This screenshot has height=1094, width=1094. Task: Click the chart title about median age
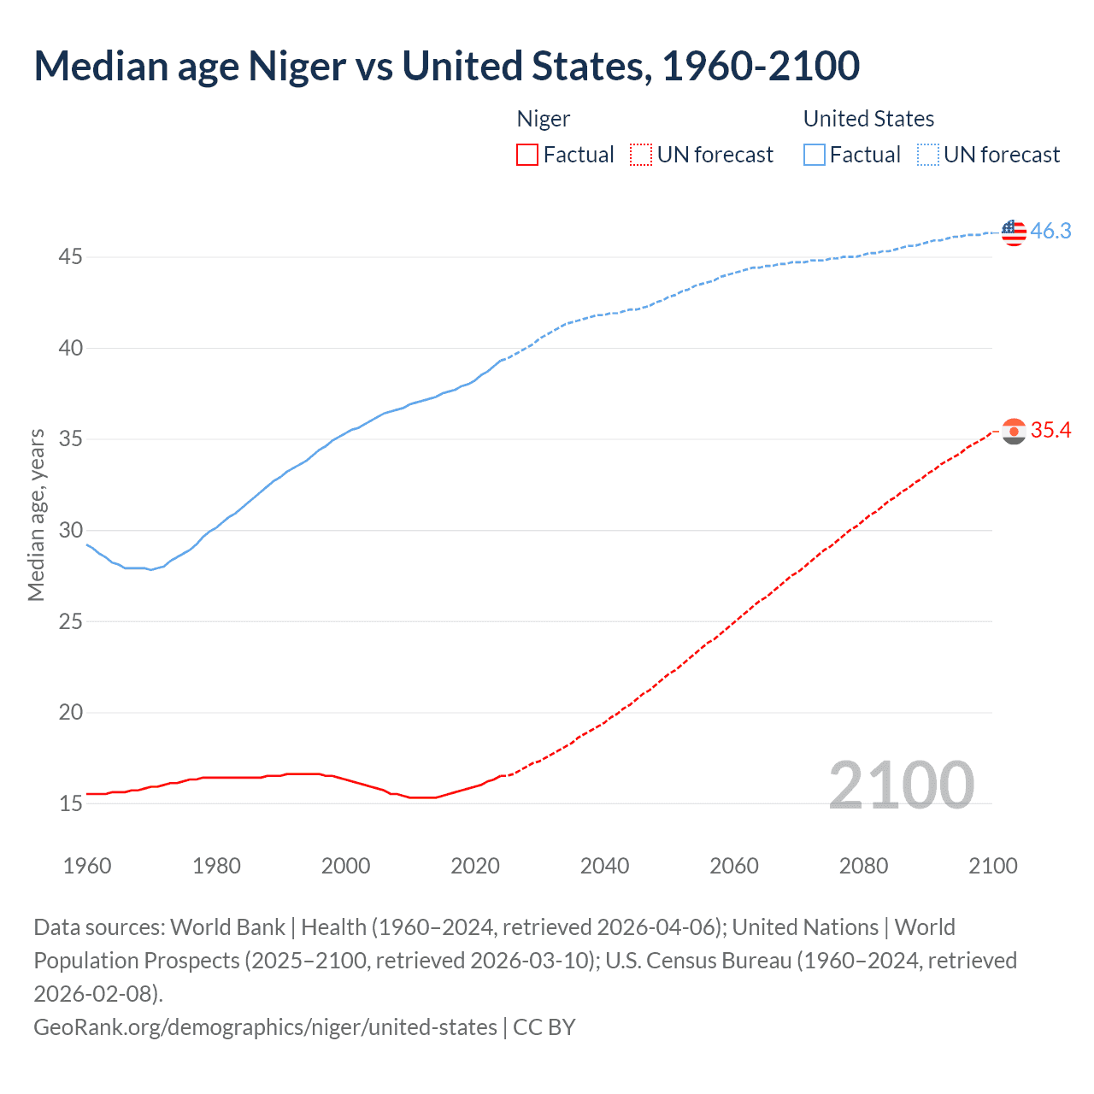point(446,66)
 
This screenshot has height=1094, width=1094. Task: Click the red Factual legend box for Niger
point(527,155)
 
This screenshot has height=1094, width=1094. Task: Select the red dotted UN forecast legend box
point(641,155)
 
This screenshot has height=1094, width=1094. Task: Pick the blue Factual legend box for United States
point(815,155)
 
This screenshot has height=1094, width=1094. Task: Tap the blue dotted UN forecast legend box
point(928,155)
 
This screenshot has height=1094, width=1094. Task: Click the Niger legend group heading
point(544,119)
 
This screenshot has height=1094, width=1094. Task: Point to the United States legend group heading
point(868,119)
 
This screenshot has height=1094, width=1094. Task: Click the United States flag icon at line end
point(1013,232)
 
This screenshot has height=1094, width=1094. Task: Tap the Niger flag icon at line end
point(1013,432)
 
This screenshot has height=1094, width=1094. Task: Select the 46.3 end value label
point(1050,232)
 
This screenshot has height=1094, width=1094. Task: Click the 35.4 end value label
point(1050,431)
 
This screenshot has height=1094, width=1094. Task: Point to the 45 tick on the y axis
point(71,257)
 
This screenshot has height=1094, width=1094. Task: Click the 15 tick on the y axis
point(71,803)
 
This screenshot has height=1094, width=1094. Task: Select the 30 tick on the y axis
point(71,530)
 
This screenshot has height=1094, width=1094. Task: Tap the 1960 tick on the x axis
point(87,866)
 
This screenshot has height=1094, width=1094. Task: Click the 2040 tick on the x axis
point(604,866)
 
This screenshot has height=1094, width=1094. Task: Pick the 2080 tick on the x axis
point(863,866)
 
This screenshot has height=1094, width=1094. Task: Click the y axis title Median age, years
point(36,515)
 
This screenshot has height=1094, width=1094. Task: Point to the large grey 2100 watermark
point(901,785)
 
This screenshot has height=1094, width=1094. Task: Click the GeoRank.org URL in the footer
point(265,1026)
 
